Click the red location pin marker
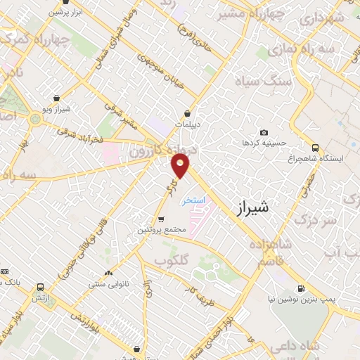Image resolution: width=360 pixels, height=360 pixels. (181, 166)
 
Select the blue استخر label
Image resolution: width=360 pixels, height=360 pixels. (193, 201)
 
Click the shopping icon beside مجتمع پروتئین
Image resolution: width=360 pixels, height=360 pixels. (161, 219)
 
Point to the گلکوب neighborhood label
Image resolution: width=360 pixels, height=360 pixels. (174, 262)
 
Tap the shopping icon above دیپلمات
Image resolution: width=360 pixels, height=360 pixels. (187, 112)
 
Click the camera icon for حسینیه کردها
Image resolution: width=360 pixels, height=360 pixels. (264, 132)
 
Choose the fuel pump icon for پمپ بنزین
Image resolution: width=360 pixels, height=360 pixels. (301, 288)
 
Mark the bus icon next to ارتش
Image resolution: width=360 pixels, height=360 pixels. (39, 288)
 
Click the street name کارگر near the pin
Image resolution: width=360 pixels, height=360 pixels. (169, 187)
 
